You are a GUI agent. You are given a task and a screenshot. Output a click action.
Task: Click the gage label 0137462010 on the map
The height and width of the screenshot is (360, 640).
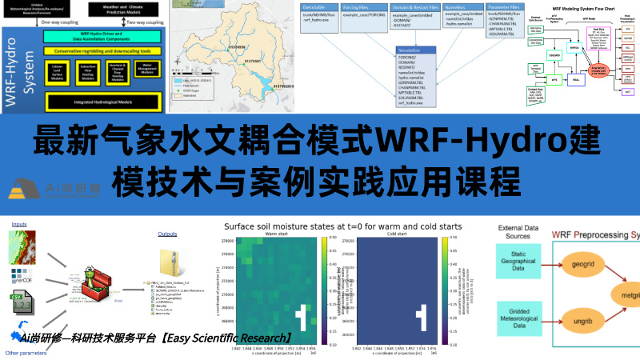pos(280,86)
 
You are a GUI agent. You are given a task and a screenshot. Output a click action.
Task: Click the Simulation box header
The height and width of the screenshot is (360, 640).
pos(415,54)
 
